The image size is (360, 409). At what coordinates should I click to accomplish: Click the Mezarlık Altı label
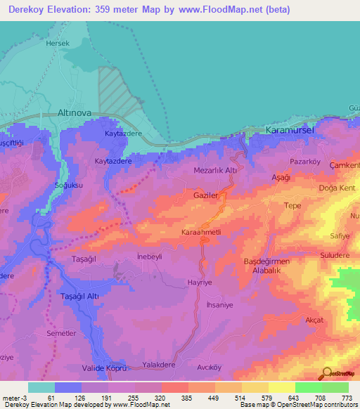point(219,171)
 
